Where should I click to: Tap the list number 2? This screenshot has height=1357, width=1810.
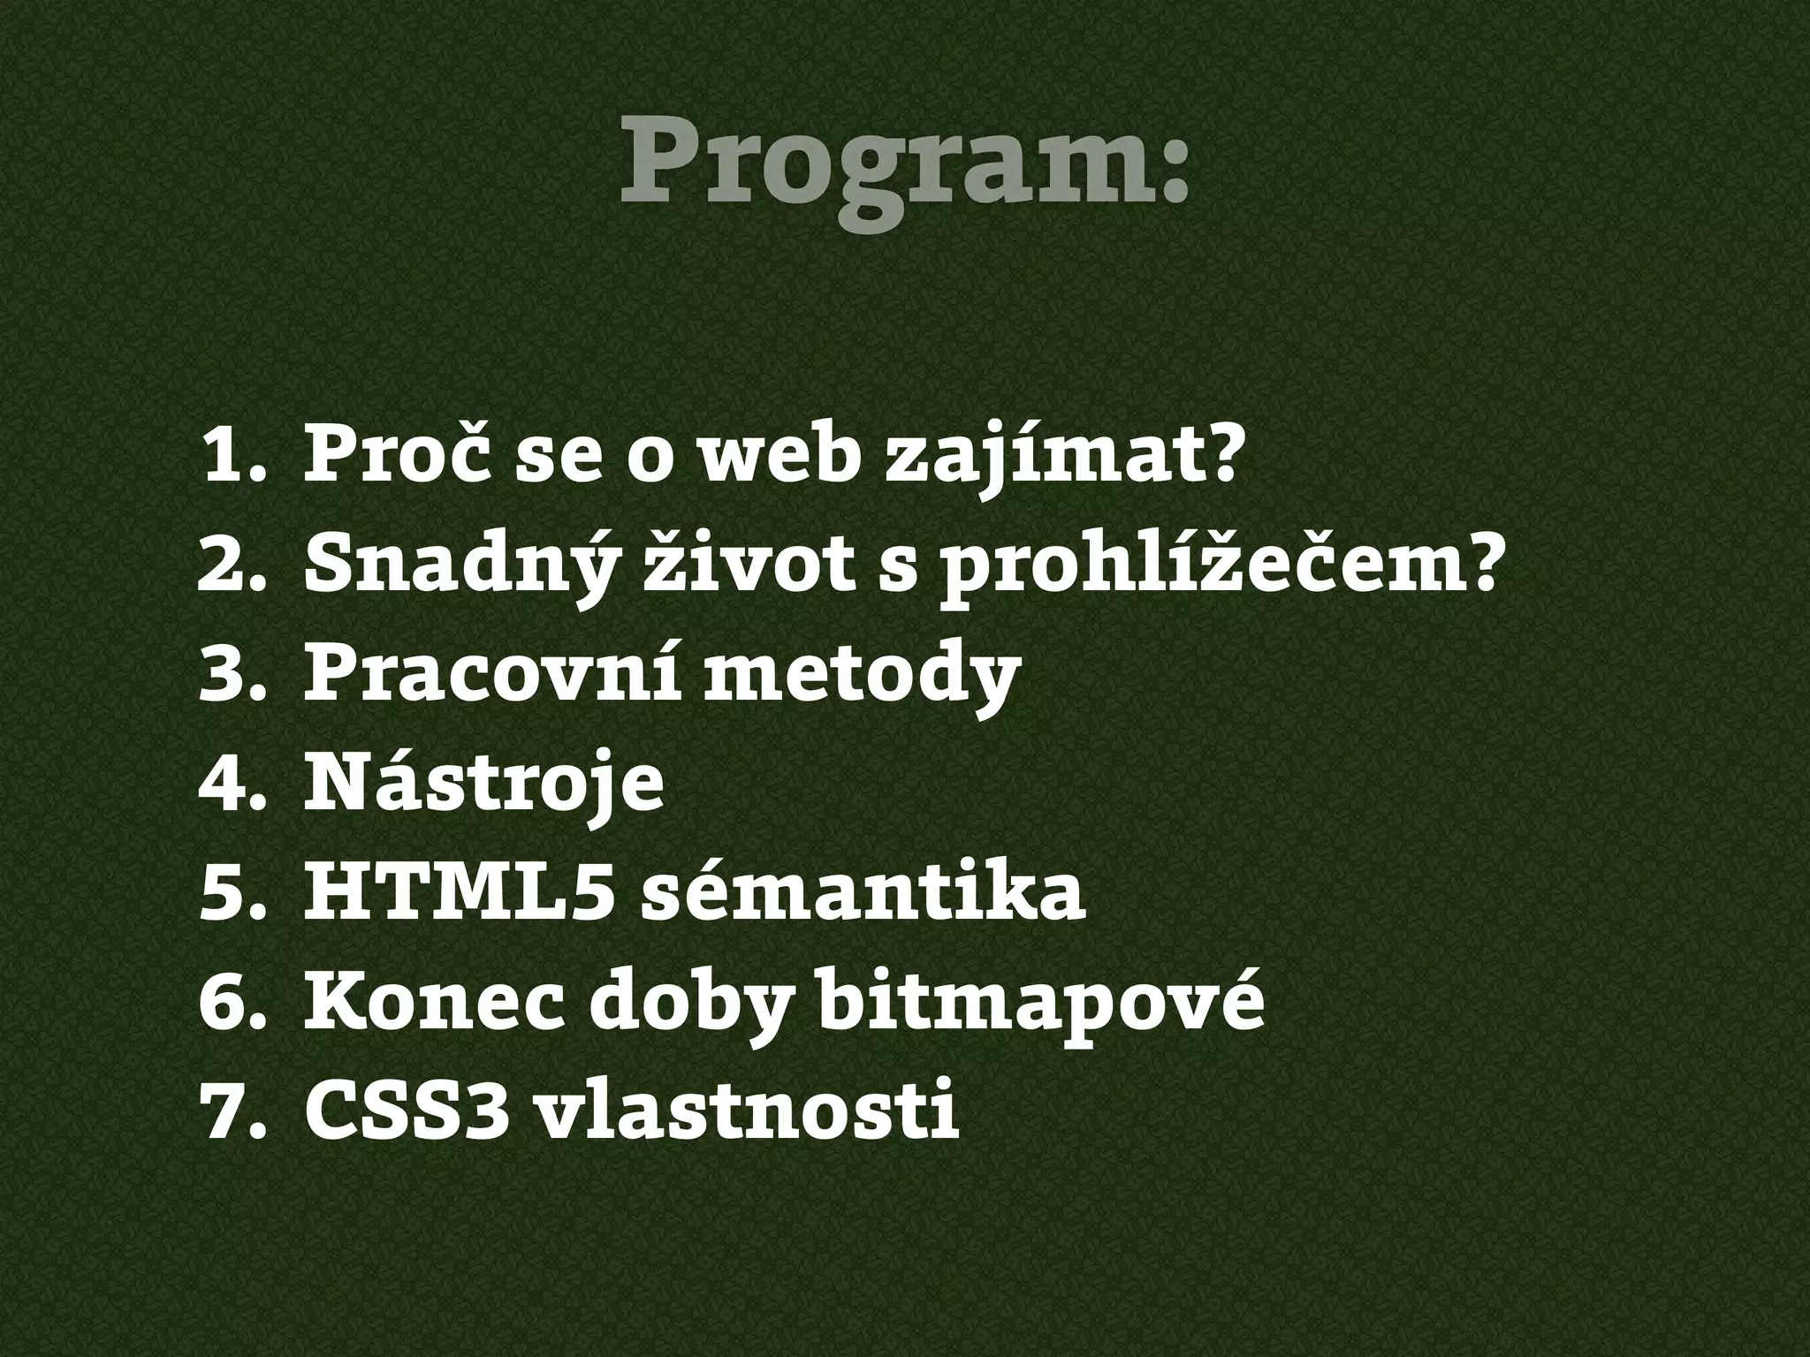point(229,566)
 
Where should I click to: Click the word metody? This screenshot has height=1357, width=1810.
point(862,675)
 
